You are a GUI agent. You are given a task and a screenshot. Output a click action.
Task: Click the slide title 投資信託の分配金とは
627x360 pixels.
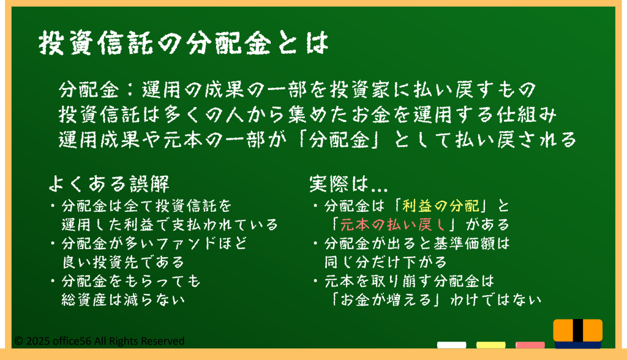tap(184, 43)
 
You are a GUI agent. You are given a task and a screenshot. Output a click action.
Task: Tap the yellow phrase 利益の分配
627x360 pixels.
tap(441, 206)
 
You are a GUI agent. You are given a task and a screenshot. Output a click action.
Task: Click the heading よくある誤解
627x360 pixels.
tap(109, 184)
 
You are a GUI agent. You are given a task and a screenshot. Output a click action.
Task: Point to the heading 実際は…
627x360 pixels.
tap(348, 184)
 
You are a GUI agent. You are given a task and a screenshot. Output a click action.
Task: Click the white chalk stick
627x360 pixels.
tap(451, 345)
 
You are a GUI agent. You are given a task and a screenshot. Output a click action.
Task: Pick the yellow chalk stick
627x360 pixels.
tap(490, 345)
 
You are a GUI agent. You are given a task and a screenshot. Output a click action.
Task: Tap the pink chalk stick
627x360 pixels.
tap(530, 345)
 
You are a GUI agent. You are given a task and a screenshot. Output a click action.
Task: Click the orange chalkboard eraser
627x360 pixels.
tap(578, 334)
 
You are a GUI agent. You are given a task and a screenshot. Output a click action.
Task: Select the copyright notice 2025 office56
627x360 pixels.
tap(99, 341)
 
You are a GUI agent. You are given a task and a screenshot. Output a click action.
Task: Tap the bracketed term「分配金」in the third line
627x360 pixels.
tap(340, 140)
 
